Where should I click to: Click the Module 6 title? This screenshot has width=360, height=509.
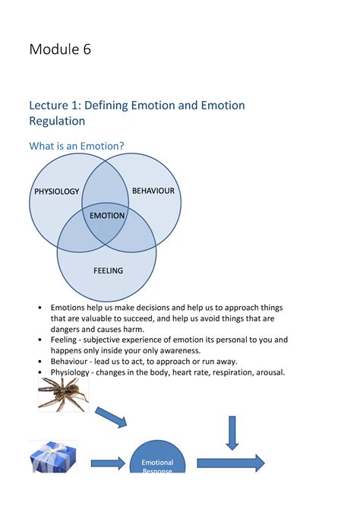[61, 50]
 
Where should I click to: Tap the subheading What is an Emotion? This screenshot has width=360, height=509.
[77, 146]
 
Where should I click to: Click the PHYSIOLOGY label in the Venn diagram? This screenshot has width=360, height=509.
[56, 191]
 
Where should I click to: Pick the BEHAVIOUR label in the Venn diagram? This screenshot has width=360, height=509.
[154, 190]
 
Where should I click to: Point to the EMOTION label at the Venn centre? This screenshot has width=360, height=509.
[107, 216]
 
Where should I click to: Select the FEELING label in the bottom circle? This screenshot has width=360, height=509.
[108, 270]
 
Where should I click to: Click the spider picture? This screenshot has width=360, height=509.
[63, 394]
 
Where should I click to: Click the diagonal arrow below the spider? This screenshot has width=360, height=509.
[111, 416]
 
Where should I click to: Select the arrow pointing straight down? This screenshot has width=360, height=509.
[232, 432]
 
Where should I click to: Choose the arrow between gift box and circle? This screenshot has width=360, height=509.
[108, 463]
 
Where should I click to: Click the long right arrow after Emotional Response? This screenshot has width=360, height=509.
[230, 463]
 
